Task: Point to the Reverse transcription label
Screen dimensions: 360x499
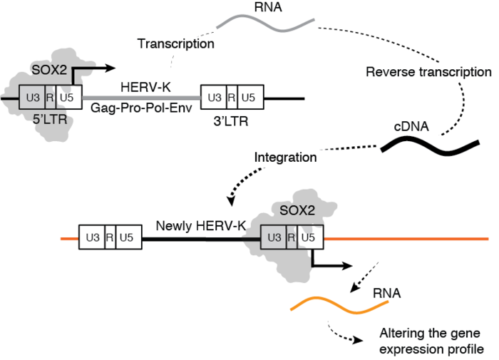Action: [x=428, y=72]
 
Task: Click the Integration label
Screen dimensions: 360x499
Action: [x=284, y=155]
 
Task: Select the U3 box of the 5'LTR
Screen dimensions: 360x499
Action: [x=32, y=96]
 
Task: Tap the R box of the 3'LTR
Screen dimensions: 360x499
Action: [x=230, y=96]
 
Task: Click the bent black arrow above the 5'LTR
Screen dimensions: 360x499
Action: [x=89, y=69]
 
